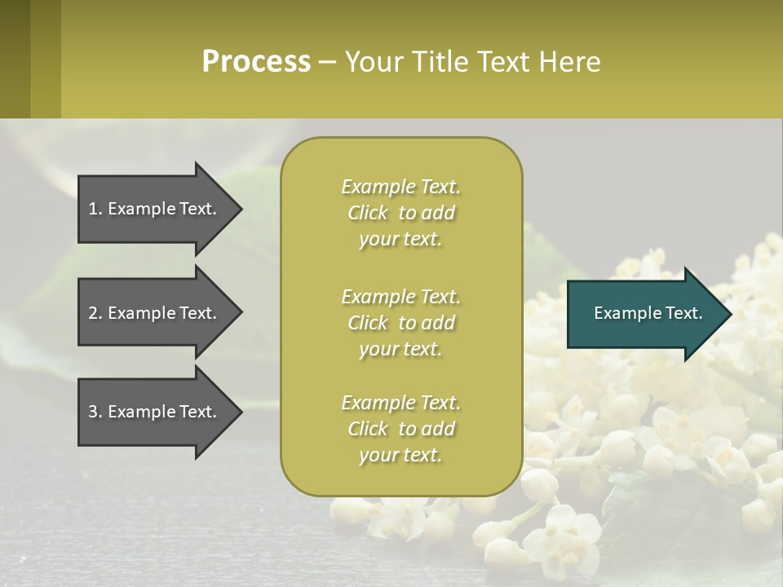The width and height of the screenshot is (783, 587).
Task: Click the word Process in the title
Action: (x=256, y=62)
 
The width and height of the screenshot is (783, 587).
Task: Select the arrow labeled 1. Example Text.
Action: (x=155, y=209)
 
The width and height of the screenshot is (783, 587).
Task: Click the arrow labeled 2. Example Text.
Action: (x=155, y=313)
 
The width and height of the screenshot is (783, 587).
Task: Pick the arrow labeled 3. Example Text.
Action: (x=155, y=412)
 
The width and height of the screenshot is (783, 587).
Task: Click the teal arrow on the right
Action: (x=644, y=313)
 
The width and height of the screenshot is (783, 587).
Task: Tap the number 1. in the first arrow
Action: (x=95, y=209)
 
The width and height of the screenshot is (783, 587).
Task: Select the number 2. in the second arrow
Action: (x=95, y=313)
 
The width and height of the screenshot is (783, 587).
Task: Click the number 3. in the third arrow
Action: (x=95, y=412)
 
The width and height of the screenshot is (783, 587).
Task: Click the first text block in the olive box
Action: (x=400, y=213)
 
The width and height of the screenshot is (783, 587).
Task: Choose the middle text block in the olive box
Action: (x=400, y=323)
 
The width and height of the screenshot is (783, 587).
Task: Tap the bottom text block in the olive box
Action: (x=400, y=429)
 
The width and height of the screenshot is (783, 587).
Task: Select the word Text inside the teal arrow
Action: (x=682, y=313)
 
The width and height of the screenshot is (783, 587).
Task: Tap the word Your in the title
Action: (x=372, y=62)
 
